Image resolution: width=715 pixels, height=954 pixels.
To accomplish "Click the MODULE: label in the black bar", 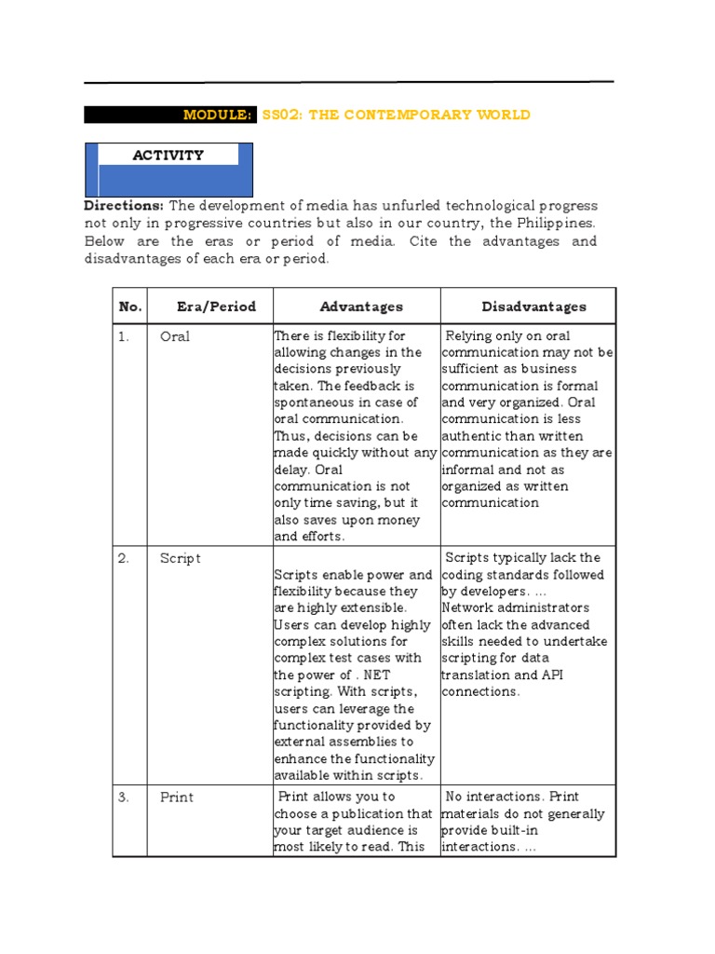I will coord(217,115).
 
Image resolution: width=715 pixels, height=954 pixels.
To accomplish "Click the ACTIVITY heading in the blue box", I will coord(168,156).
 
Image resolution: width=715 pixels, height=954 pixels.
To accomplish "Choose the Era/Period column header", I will coord(216,307).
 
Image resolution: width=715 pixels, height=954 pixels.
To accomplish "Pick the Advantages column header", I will coord(361,307).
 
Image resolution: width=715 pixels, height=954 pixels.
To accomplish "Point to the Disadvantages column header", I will coord(533,307).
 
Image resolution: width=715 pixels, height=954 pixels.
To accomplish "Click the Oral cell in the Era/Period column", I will coord(175,336).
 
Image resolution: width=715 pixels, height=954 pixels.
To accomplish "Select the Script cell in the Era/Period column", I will coord(180,558).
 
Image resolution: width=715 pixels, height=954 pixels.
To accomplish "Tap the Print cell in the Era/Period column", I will coord(176,797).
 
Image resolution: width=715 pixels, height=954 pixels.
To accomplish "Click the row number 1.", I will coord(123,336).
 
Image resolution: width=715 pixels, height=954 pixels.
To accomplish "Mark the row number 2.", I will coord(124,558).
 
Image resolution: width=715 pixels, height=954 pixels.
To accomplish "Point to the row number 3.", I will coord(124,797).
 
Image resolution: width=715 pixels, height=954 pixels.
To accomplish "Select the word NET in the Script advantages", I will coord(377,675).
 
